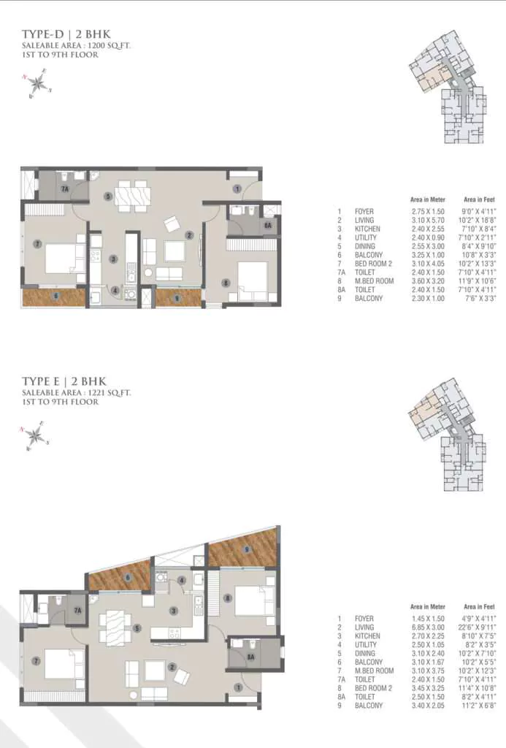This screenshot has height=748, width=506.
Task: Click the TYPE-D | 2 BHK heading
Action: [64, 34]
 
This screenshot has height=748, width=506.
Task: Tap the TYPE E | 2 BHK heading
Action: [64, 381]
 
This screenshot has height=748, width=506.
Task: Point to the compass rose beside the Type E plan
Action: [34, 436]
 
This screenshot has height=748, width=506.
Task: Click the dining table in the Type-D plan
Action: [133, 196]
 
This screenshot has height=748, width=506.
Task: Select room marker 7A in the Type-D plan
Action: [64, 189]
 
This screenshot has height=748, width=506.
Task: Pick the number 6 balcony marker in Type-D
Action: [55, 296]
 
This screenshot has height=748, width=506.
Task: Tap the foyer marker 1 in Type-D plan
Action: [237, 188]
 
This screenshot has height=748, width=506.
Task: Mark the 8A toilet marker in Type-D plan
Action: [268, 226]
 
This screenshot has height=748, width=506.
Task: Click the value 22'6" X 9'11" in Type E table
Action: [479, 627]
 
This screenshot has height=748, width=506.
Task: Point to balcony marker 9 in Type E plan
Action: [247, 549]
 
